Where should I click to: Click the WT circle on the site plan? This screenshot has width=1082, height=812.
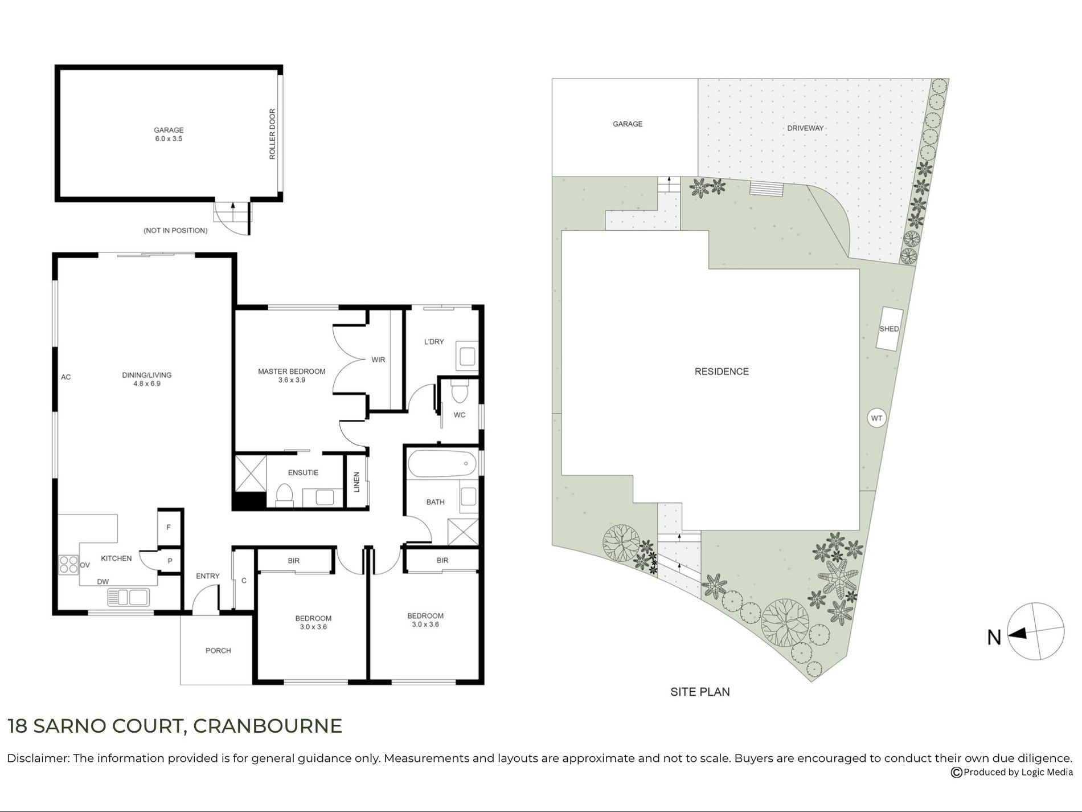pyautogui.click(x=876, y=418)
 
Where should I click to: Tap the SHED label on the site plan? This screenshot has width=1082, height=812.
pyautogui.click(x=889, y=329)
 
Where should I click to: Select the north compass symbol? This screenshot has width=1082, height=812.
pyautogui.click(x=1036, y=632)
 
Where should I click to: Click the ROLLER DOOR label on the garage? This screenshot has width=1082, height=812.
pyautogui.click(x=272, y=134)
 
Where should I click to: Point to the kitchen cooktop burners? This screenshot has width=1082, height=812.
pyautogui.click(x=69, y=564)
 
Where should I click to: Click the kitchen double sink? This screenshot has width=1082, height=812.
pyautogui.click(x=128, y=597)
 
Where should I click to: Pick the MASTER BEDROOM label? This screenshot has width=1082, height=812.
pyautogui.click(x=292, y=372)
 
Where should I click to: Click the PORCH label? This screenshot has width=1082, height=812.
pyautogui.click(x=218, y=650)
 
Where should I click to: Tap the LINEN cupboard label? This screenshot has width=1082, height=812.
pyautogui.click(x=357, y=482)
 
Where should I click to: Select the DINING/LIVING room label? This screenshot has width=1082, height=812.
pyautogui.click(x=146, y=375)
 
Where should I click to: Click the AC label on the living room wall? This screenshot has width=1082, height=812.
pyautogui.click(x=66, y=377)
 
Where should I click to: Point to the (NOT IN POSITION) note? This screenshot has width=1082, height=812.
pyautogui.click(x=175, y=231)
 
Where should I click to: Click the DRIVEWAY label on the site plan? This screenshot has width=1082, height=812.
pyautogui.click(x=805, y=128)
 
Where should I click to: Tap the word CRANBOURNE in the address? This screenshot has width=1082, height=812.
pyautogui.click(x=268, y=725)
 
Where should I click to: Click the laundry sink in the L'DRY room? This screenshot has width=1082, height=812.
pyautogui.click(x=468, y=357)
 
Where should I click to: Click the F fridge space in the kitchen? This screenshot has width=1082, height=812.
pyautogui.click(x=169, y=527)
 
